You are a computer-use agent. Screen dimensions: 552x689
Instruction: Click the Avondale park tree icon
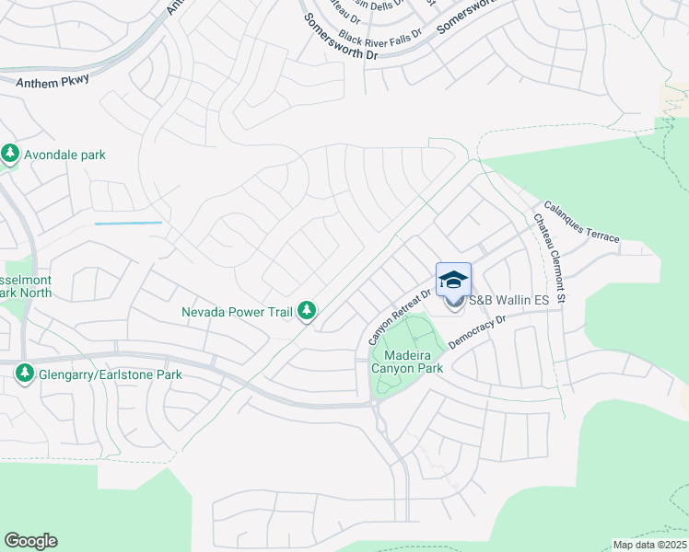tap(11, 155)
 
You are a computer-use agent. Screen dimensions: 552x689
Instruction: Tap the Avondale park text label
tap(64, 155)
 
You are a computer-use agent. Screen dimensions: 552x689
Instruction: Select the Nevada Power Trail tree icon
tap(308, 312)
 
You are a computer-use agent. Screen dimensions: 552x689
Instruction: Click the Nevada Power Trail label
tap(238, 312)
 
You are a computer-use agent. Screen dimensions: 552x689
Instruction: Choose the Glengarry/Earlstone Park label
tap(110, 374)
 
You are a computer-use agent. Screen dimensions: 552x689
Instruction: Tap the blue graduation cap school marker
tap(453, 279)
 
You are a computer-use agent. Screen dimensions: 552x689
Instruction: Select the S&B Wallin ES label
tap(509, 301)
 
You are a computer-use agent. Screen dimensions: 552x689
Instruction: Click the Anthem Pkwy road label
tap(53, 80)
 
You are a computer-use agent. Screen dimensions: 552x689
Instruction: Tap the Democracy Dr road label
tap(477, 332)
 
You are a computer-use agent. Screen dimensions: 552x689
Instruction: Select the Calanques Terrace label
tap(581, 222)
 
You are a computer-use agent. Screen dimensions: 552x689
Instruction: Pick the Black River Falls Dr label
tap(380, 35)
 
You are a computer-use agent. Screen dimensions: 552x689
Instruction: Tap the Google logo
tap(30, 541)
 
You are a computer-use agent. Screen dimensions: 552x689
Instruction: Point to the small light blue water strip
tap(128, 223)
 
